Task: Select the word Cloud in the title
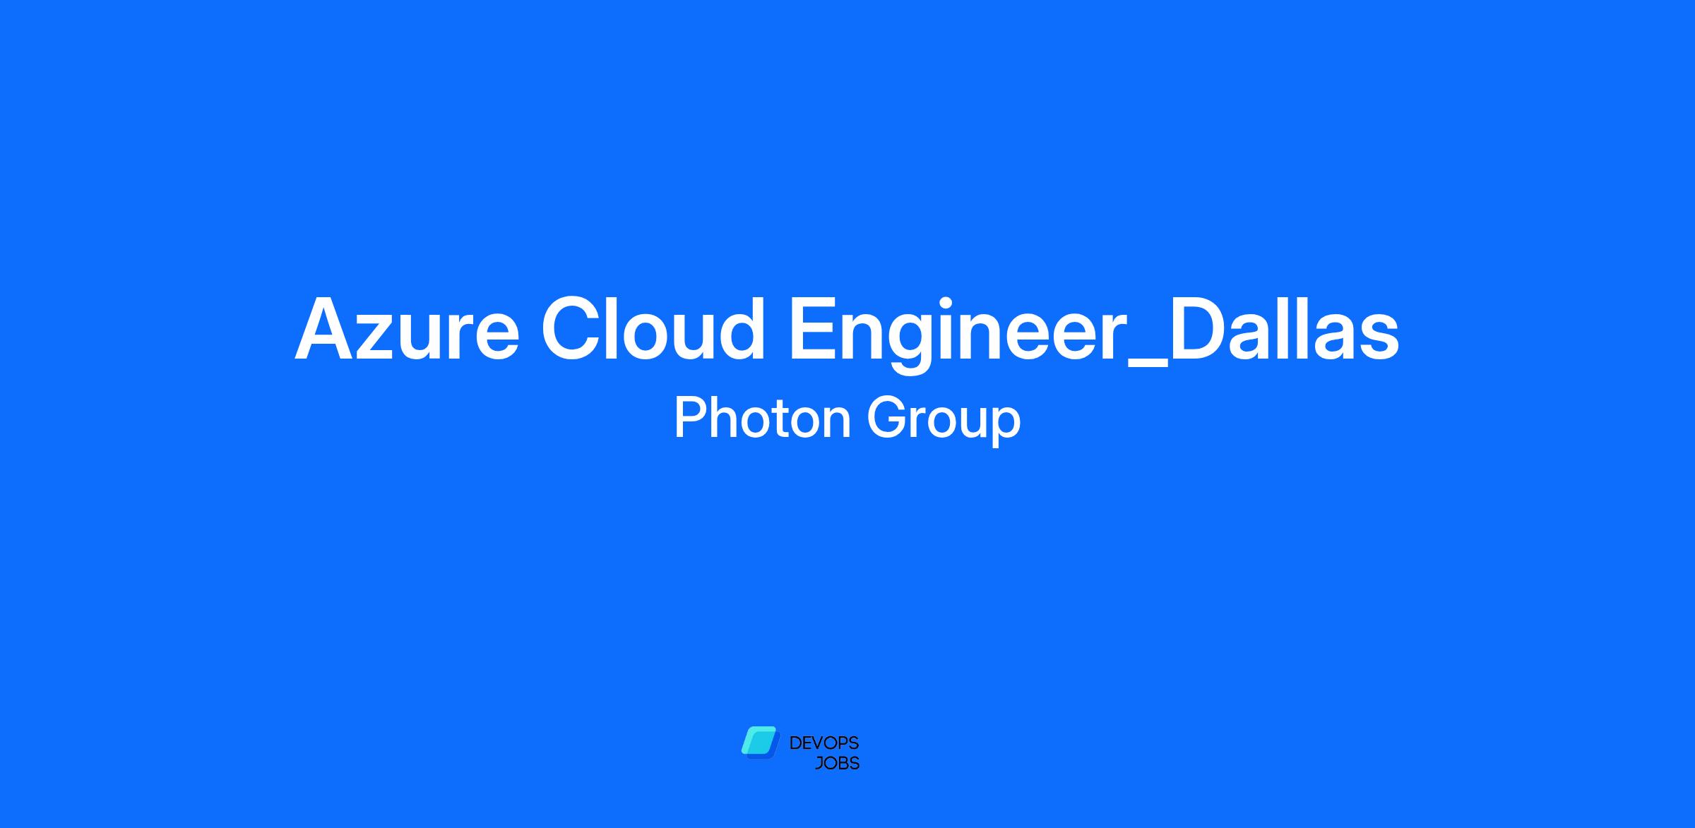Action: click(x=654, y=328)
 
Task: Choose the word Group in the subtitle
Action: click(x=944, y=421)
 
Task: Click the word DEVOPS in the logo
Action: click(x=824, y=743)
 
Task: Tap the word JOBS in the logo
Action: click(x=837, y=764)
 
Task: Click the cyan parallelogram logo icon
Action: click(x=759, y=743)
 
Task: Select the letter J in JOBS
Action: click(x=819, y=764)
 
